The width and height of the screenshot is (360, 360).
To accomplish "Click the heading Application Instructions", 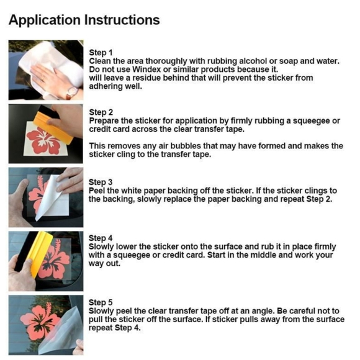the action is [x=84, y=20].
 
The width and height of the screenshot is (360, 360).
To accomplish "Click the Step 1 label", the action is [x=101, y=53].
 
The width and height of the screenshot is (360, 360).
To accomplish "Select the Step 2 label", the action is [x=101, y=112].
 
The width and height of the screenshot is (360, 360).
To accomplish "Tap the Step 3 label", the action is [x=101, y=182].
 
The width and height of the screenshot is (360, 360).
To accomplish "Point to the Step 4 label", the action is [x=101, y=238].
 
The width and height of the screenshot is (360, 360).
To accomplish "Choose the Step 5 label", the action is [x=101, y=302].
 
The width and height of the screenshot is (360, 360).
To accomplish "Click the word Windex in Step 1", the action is [x=147, y=70].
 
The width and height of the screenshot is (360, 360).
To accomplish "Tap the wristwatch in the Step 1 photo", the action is [x=72, y=92].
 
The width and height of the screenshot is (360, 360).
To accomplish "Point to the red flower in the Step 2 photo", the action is [x=43, y=141].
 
